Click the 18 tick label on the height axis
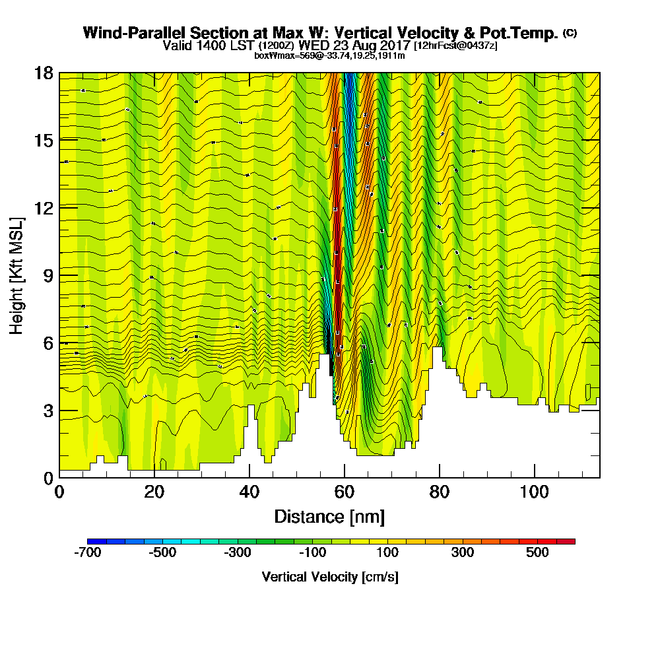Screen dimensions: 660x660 tap(44, 73)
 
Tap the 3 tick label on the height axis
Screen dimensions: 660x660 tap(48, 411)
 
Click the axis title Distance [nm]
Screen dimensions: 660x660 tap(329, 516)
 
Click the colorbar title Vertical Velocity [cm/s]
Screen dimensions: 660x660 tap(329, 577)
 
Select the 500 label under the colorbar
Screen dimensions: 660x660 tap(537, 552)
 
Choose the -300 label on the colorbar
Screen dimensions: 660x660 tap(236, 552)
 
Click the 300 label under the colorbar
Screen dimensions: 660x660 tap(463, 552)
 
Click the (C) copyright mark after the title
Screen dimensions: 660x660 tap(569, 33)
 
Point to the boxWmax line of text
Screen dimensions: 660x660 tap(329, 55)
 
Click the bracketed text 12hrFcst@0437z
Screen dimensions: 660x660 tap(455, 46)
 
